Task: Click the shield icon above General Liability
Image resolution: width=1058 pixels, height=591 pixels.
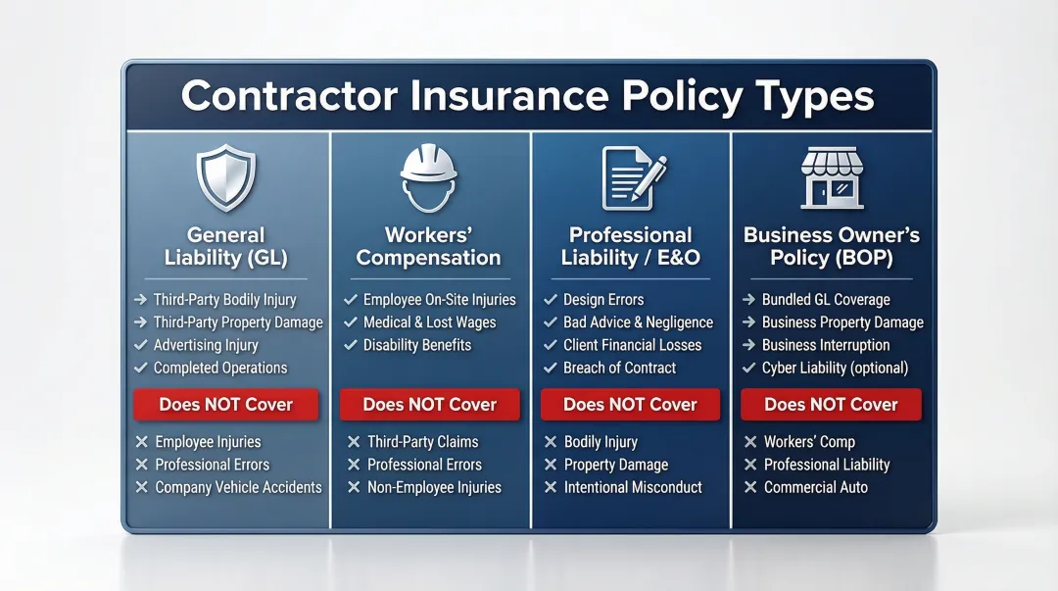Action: [x=226, y=176]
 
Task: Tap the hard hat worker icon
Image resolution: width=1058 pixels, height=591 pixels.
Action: [x=428, y=176]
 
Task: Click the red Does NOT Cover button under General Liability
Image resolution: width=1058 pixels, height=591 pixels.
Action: [x=226, y=404]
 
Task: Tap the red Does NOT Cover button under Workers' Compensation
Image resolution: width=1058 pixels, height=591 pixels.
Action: [x=429, y=404]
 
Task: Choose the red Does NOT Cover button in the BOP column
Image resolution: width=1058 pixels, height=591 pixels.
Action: [x=831, y=404]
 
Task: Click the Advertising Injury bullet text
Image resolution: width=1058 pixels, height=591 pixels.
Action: [x=206, y=345]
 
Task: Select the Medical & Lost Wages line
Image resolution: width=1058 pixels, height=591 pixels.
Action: [x=429, y=322]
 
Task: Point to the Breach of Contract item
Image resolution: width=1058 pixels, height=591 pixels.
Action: [x=619, y=368]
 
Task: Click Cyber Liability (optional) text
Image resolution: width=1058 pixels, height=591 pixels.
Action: [x=835, y=368]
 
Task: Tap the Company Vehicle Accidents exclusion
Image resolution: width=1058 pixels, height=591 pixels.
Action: [x=238, y=487]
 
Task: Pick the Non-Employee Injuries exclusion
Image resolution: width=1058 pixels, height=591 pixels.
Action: [x=434, y=487]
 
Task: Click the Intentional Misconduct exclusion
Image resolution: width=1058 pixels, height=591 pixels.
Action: [x=633, y=487]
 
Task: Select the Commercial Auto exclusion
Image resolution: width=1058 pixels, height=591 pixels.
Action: [x=816, y=487]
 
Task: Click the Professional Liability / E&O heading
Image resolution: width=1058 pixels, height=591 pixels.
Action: [x=630, y=246]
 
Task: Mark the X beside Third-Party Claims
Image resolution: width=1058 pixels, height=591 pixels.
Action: [x=354, y=442]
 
